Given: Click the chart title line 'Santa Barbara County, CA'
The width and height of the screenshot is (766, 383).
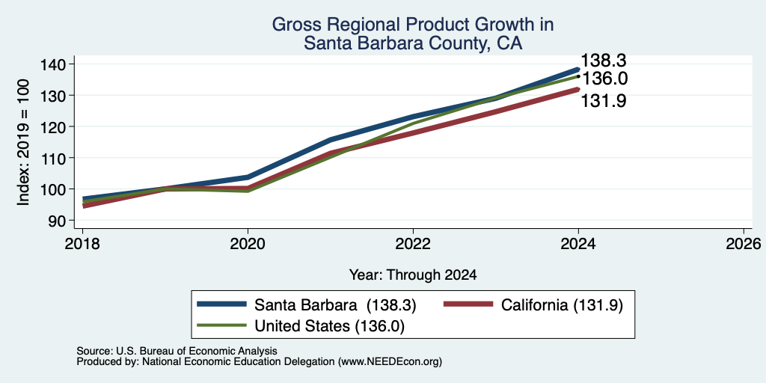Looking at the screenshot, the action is click(x=413, y=43).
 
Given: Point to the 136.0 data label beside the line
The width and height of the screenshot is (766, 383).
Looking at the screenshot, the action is click(x=604, y=79).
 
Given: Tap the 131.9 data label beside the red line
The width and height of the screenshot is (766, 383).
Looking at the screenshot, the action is click(x=604, y=101).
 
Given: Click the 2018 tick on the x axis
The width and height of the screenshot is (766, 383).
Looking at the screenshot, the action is click(x=82, y=243).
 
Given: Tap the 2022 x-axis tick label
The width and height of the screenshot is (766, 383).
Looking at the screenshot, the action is click(x=413, y=243).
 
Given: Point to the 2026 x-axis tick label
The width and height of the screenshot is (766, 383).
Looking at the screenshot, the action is click(x=744, y=243).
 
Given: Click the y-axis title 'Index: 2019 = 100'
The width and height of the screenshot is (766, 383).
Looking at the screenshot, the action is click(x=24, y=142).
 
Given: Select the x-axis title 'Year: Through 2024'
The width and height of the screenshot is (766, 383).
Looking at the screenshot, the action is click(x=413, y=275).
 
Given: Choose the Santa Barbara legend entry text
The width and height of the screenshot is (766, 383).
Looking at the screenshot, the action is click(x=335, y=305).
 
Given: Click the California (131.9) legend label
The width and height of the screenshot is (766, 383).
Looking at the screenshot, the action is click(x=563, y=305).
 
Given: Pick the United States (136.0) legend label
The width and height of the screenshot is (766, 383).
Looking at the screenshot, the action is click(x=329, y=326).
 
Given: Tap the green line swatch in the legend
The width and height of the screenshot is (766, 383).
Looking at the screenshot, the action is click(x=221, y=325).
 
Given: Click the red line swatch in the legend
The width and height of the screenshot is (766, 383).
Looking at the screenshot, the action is click(x=468, y=304).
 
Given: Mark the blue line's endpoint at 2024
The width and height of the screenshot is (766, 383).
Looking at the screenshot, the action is click(x=578, y=70).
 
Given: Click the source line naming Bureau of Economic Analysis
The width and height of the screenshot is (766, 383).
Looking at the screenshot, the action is click(x=177, y=351).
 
